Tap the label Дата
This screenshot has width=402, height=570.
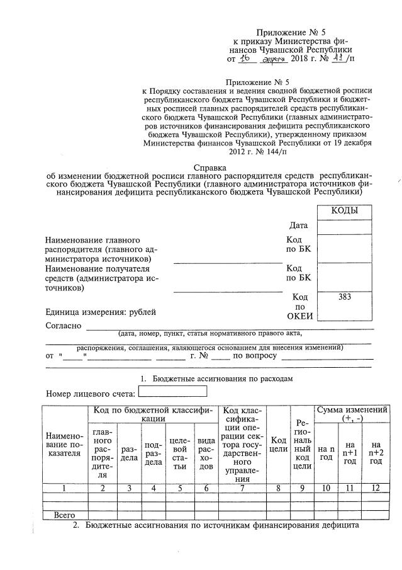299,225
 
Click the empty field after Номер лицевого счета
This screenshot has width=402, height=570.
172,393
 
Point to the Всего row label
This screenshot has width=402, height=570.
64,515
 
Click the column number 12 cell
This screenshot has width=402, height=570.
376,487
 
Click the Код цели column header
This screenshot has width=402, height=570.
279,444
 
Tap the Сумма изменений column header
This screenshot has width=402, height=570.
352,414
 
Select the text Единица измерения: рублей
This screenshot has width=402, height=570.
100,311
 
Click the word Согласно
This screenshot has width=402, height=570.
64,326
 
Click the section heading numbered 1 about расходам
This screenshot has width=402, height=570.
216,379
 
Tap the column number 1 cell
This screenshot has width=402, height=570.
64,487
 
